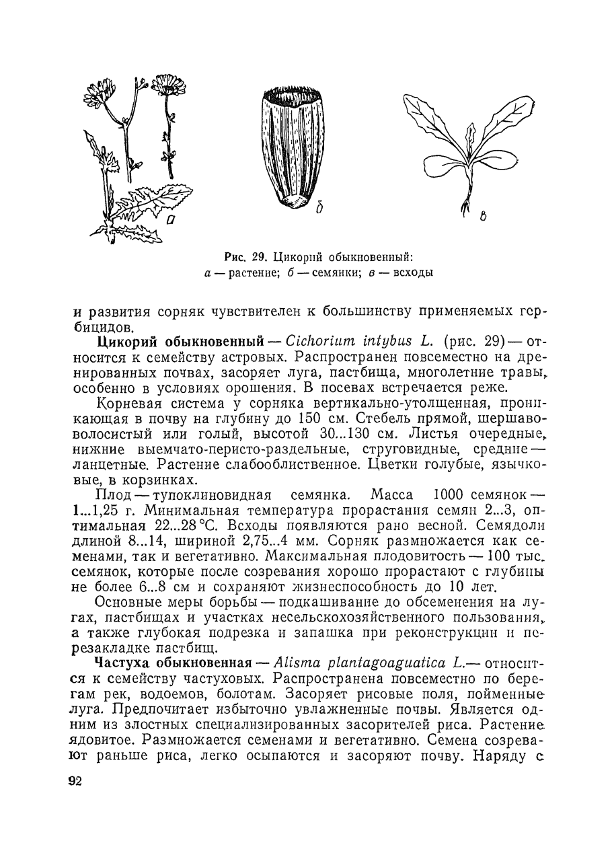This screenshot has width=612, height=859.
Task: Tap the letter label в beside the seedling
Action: click(483, 217)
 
